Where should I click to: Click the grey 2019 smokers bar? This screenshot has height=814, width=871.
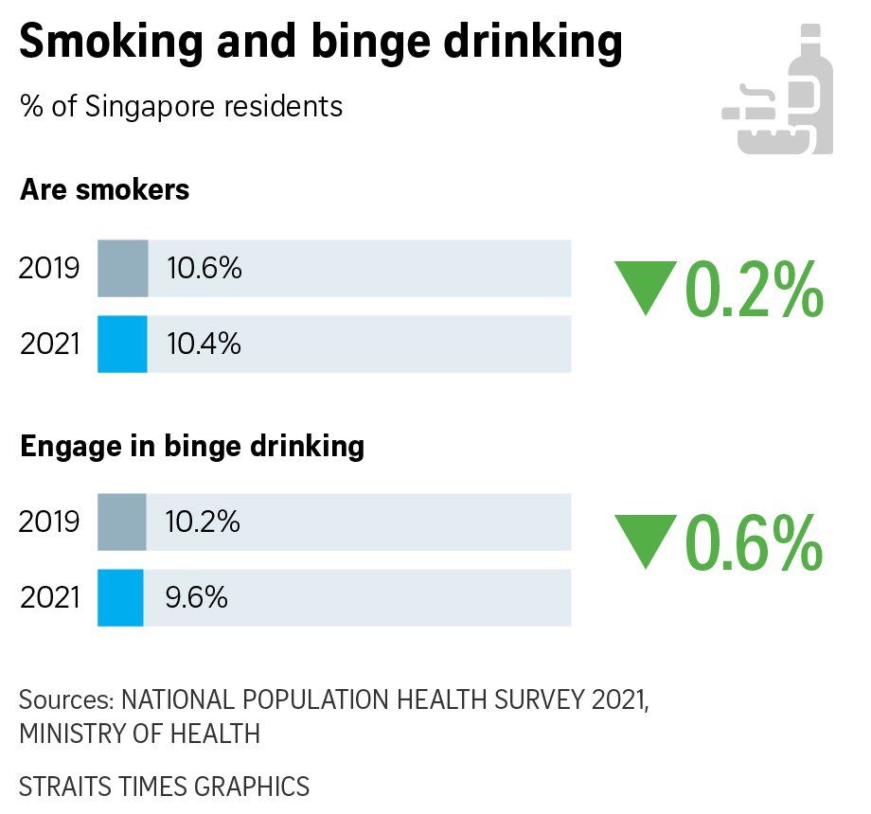click(123, 269)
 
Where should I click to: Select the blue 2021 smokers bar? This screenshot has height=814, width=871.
click(123, 344)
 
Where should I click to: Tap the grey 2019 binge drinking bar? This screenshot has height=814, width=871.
click(122, 522)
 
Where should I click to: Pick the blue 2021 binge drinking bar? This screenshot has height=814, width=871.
click(120, 597)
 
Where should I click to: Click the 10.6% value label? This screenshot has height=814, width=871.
click(204, 269)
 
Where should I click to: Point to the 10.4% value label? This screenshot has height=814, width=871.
click(204, 344)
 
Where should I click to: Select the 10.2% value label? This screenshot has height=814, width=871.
click(203, 522)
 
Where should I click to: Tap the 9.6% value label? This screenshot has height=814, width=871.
click(196, 597)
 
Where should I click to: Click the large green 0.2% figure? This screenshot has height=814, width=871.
click(754, 289)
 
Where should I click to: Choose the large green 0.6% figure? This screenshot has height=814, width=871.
click(754, 542)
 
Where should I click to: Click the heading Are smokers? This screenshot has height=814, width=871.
click(104, 189)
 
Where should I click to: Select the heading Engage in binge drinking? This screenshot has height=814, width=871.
click(192, 445)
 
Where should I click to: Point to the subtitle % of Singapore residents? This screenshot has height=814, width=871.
click(181, 106)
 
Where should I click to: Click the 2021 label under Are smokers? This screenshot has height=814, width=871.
click(49, 344)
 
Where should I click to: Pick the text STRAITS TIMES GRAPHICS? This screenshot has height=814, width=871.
click(164, 786)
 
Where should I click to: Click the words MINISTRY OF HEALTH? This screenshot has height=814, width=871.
click(139, 733)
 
